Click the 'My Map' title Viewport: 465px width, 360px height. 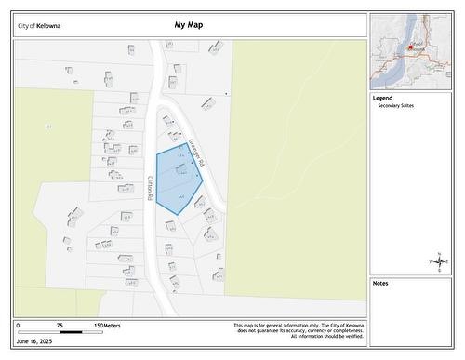[186, 26]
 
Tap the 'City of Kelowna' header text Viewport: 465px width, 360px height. [40, 26]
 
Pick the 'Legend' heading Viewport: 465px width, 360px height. [382, 98]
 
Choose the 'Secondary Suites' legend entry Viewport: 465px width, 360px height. [395, 106]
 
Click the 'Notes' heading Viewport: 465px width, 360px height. [381, 283]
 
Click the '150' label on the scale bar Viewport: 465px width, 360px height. [98, 326]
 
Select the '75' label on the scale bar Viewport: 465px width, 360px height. [59, 326]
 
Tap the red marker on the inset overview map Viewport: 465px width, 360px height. [410, 46]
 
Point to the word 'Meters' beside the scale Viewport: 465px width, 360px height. [113, 326]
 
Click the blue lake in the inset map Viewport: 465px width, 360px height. [386, 65]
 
